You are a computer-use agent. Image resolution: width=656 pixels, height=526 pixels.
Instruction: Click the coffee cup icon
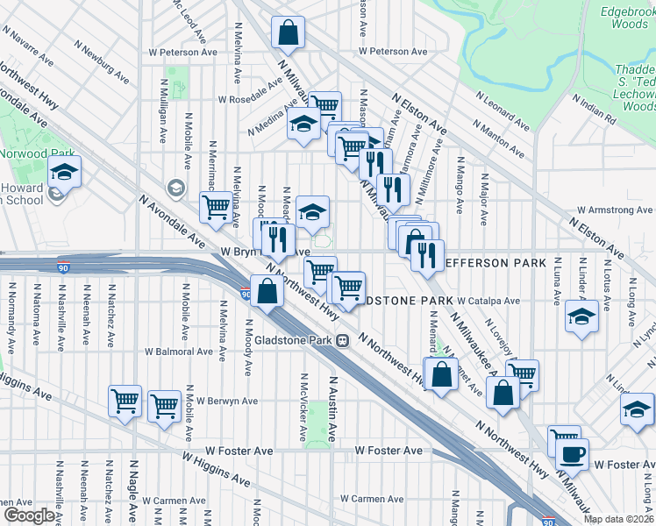click(573, 453)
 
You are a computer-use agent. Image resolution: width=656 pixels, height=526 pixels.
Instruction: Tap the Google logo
click(29, 515)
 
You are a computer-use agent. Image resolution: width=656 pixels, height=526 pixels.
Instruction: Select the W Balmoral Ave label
click(180, 352)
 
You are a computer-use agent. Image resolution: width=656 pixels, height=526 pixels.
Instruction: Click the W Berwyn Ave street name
click(227, 401)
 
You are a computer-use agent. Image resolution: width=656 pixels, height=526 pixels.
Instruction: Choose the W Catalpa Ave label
click(487, 301)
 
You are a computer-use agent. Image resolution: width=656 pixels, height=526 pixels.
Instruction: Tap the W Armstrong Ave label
click(614, 210)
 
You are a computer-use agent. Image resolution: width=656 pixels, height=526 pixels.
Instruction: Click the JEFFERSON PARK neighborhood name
click(496, 263)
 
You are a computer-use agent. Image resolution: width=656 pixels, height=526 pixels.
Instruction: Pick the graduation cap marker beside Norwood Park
click(65, 171)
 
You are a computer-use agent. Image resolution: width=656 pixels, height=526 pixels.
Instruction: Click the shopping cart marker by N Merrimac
click(216, 208)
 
